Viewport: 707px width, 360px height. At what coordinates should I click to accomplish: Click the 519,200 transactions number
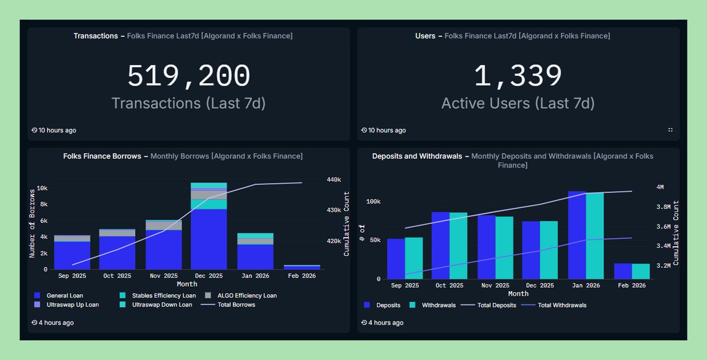[x=189, y=76]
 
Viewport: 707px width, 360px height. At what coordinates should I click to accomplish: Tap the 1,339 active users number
[x=518, y=76]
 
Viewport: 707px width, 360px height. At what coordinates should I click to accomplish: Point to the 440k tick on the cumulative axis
[x=333, y=179]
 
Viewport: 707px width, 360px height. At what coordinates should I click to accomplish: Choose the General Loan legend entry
[x=65, y=296]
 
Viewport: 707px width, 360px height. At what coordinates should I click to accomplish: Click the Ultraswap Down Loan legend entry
[x=162, y=305]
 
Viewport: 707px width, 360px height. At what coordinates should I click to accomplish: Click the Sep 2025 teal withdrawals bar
[x=414, y=258]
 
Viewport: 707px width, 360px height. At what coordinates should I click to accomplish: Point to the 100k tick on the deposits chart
[x=373, y=201]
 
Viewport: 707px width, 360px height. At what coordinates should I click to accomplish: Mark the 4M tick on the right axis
[x=660, y=187]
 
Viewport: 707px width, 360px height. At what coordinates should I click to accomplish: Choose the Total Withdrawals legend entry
[x=562, y=305]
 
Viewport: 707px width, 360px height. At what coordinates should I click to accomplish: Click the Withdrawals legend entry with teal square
[x=438, y=305]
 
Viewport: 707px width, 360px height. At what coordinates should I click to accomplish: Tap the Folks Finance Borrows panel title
[x=102, y=156]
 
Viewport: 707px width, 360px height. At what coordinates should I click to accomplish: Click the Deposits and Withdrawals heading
[x=417, y=156]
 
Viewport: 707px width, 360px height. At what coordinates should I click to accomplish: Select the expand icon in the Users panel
[x=670, y=130]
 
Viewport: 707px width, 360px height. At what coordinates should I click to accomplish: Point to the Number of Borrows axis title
[x=32, y=223]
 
